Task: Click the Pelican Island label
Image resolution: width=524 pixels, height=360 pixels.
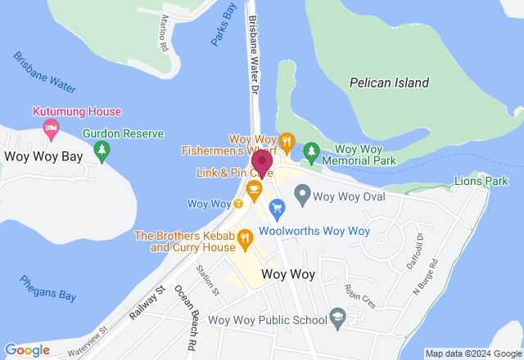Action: coord(388,83)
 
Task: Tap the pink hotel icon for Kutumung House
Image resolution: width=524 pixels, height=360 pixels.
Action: coord(51,127)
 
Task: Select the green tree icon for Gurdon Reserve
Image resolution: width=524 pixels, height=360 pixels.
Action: coord(102,150)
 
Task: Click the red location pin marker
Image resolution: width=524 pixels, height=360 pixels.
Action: coord(262,162)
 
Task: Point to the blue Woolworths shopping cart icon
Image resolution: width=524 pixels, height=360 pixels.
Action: coord(276,208)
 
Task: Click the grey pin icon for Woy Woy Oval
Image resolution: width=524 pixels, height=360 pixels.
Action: coord(302,196)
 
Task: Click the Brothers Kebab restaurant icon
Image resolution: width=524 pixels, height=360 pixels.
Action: coord(244,238)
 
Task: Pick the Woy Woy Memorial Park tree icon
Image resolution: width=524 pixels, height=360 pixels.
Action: coord(310,151)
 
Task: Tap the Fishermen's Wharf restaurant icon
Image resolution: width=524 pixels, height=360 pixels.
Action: coord(287,140)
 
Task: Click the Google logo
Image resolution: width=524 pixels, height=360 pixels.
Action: coord(27,350)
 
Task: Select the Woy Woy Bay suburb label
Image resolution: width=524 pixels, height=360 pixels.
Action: coord(44,156)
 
